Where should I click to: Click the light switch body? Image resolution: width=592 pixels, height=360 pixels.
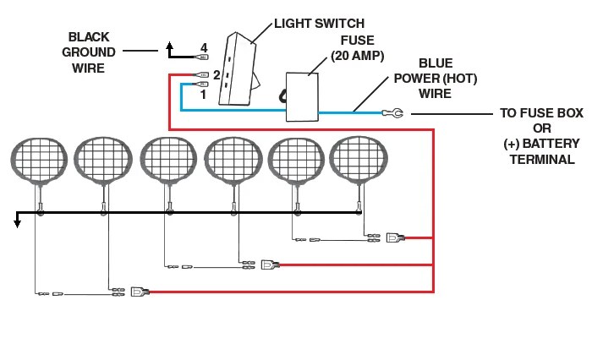(238, 70)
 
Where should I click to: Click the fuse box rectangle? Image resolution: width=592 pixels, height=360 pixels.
(302, 97)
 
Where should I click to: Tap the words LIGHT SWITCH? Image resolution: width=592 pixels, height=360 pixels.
(319, 24)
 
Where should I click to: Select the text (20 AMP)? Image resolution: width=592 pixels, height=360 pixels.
(358, 56)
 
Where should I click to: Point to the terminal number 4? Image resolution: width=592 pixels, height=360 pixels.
(204, 48)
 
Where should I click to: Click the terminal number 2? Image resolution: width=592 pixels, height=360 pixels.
(217, 74)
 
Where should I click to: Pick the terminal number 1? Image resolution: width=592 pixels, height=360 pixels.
(204, 95)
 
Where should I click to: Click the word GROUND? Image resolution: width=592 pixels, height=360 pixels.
(88, 52)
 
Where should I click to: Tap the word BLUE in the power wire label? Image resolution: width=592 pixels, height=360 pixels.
(436, 63)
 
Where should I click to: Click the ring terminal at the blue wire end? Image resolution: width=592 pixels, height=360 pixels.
(393, 113)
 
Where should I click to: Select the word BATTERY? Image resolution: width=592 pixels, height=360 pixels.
(551, 144)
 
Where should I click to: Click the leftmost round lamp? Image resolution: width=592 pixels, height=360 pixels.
(39, 161)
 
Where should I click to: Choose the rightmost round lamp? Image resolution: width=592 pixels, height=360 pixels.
(359, 160)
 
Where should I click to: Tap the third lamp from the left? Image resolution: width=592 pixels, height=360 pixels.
(168, 160)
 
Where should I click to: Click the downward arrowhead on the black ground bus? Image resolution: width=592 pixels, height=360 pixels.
(17, 223)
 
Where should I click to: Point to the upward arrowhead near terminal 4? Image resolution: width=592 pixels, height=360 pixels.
(169, 46)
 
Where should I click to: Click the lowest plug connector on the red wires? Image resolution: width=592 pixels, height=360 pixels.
(140, 292)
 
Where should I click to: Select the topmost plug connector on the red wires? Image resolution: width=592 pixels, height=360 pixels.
(395, 237)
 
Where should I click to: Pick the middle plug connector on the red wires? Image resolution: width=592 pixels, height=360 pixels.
(271, 265)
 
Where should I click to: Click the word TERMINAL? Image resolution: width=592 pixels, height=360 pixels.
(542, 160)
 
